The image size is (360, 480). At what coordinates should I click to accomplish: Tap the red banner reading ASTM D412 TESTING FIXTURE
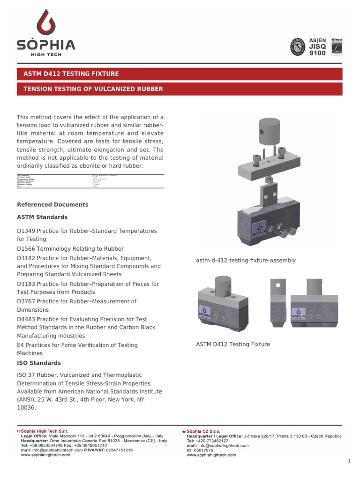(x=72, y=74)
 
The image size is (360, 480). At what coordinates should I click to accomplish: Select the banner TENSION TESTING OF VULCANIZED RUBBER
(x=90, y=89)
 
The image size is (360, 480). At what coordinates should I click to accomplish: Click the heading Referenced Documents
(x=52, y=205)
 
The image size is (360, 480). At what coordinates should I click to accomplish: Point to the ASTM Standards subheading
(x=42, y=217)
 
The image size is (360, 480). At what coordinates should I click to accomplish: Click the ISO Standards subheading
(x=39, y=363)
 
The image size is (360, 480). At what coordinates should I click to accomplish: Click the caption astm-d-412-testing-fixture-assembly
(x=246, y=261)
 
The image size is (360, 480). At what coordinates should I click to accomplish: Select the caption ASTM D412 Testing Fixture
(x=232, y=345)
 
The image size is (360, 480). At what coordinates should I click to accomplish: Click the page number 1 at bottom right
(x=349, y=462)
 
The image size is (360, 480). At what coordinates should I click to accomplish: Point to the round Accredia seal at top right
(x=298, y=46)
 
